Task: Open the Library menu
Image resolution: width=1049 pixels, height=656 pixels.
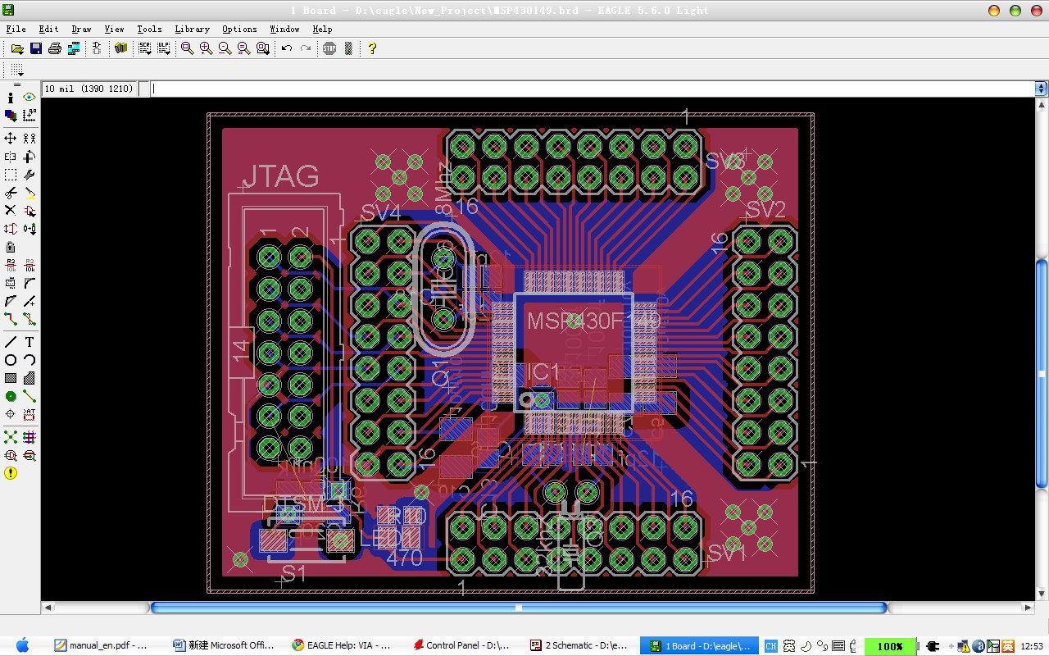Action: (x=192, y=29)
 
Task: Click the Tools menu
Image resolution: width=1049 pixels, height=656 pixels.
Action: (x=148, y=29)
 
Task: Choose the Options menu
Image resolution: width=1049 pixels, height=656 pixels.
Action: (x=239, y=29)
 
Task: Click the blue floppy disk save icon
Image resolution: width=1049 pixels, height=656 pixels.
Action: (x=36, y=48)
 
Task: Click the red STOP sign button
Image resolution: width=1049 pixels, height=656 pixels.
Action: (x=329, y=48)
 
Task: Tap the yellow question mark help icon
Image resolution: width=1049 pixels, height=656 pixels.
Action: (x=372, y=48)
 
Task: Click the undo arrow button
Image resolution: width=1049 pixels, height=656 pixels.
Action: (x=287, y=48)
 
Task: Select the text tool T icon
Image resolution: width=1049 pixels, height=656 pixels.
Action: (x=30, y=342)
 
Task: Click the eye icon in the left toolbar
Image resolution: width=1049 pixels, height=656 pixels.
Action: (x=30, y=98)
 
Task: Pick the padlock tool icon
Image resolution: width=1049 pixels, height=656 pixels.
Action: (x=11, y=247)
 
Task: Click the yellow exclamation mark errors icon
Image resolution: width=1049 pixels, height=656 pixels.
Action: (x=11, y=473)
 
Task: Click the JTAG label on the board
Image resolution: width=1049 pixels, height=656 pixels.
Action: (x=280, y=176)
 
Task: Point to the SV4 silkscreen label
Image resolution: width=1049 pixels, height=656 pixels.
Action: (x=381, y=213)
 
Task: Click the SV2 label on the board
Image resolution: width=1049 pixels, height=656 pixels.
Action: (x=765, y=210)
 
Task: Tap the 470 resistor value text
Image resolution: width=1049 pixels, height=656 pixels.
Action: (x=404, y=558)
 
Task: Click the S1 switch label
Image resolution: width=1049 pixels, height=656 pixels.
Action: (x=294, y=573)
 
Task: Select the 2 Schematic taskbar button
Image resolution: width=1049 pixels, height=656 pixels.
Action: (x=579, y=645)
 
